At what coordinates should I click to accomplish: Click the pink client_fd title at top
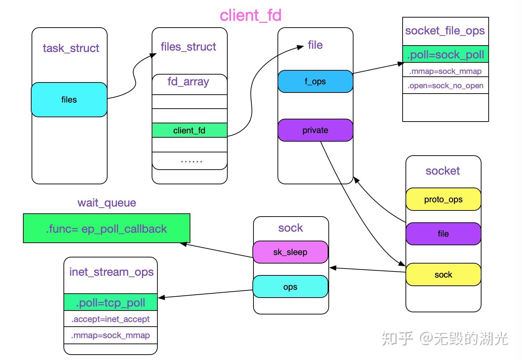[x=250, y=15]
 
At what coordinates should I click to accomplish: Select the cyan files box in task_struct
[x=69, y=100]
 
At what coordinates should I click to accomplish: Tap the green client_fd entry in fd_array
[x=189, y=130]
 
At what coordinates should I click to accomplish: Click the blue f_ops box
[x=315, y=81]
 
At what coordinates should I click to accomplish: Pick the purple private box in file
[x=315, y=130]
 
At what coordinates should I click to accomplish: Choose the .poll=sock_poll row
[x=445, y=55]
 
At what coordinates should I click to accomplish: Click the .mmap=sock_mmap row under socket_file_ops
[x=445, y=71]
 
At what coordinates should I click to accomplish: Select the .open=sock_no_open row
[x=445, y=86]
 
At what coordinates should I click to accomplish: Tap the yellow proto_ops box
[x=443, y=199]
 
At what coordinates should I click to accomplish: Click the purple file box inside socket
[x=443, y=234]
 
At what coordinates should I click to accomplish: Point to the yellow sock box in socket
[x=443, y=275]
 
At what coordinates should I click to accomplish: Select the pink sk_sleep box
[x=290, y=252]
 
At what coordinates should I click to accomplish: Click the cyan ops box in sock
[x=290, y=287]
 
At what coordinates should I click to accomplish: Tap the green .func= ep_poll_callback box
[x=106, y=229]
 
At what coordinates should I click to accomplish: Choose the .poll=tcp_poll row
[x=110, y=303]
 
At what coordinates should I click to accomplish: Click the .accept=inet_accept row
[x=110, y=319]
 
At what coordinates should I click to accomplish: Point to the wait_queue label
[x=107, y=203]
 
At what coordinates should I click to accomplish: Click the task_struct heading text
[x=71, y=48]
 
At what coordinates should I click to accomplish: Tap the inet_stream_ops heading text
[x=111, y=272]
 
